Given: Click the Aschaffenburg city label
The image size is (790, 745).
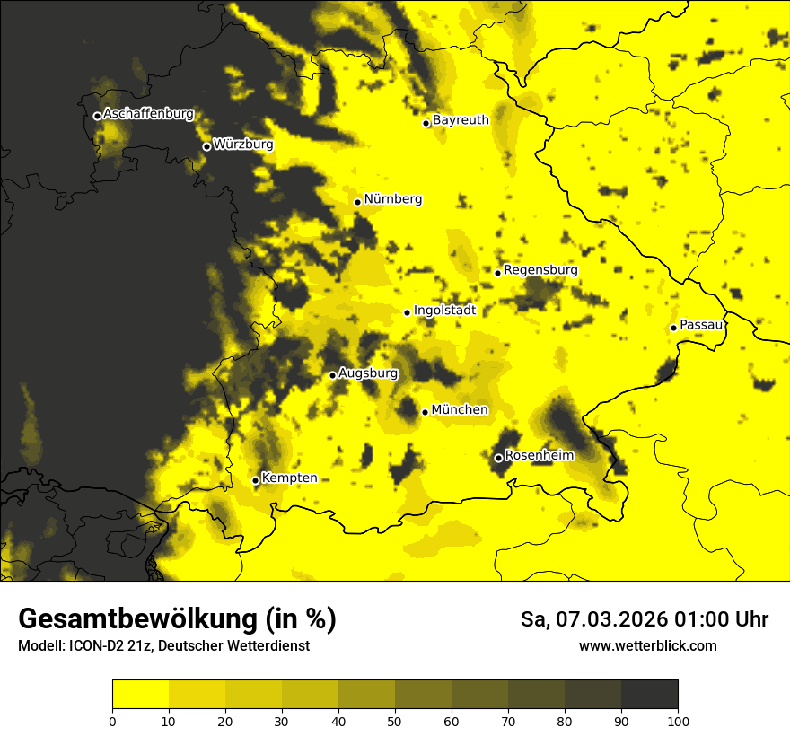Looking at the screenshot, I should [x=148, y=114].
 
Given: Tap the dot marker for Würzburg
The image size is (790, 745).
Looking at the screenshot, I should [x=206, y=146].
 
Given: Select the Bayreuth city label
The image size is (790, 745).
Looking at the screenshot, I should [x=461, y=119].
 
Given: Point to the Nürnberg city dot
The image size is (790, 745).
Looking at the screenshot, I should [x=357, y=202].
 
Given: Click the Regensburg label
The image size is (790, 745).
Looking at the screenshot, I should [x=540, y=269].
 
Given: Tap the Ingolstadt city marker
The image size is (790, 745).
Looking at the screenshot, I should [x=407, y=312].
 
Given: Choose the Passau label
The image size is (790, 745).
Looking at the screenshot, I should [x=701, y=325].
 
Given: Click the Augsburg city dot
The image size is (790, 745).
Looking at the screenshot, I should [x=332, y=375].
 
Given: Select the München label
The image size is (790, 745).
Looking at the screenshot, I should [x=460, y=410].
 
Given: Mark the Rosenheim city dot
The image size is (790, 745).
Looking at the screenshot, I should [x=498, y=458].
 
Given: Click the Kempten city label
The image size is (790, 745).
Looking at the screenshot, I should [x=289, y=478].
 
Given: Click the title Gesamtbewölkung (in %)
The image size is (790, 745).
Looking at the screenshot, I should [x=177, y=619].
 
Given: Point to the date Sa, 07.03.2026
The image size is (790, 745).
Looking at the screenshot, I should [x=591, y=619].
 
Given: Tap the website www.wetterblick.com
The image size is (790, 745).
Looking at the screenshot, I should [x=647, y=645].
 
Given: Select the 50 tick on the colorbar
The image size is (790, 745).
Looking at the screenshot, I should [x=395, y=720].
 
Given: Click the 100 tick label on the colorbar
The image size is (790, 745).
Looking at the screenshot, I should [x=678, y=720].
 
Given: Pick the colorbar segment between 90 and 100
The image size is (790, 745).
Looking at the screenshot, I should [x=649, y=695].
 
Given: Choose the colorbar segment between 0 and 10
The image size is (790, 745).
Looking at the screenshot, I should [x=140, y=695].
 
